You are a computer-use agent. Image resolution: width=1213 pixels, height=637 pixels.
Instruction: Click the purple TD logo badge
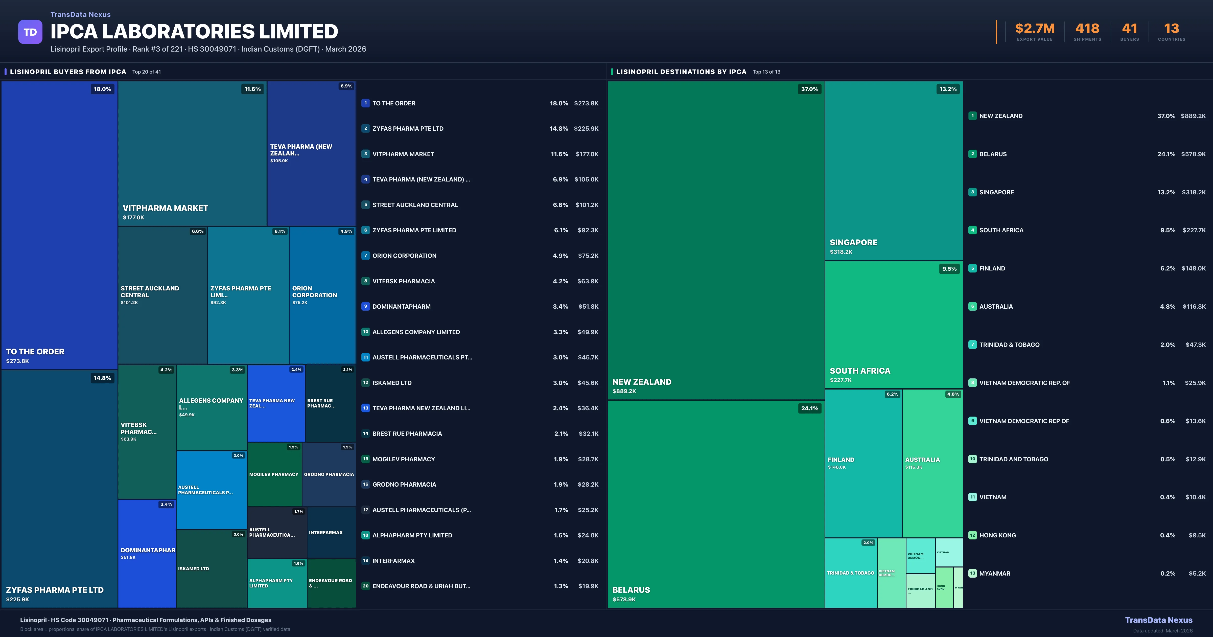30,32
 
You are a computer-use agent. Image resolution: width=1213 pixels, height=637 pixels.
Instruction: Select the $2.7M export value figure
1035,29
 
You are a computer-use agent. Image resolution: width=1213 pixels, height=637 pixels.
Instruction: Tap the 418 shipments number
1087,29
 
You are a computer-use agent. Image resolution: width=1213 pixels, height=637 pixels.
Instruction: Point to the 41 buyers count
1129,29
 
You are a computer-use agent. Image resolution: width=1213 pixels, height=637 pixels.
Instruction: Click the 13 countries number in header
1171,29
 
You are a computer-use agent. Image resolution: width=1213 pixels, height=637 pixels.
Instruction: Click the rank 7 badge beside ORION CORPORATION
365,255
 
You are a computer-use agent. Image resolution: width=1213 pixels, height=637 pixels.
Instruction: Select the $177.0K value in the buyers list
587,154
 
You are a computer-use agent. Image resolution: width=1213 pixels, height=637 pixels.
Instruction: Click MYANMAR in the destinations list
994,573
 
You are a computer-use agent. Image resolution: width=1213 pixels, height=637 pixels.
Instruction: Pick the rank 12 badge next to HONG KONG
972,535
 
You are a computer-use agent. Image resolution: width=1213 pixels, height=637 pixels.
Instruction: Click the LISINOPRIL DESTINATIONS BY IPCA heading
681,72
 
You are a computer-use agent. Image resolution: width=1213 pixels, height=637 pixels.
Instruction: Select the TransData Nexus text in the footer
1158,620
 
